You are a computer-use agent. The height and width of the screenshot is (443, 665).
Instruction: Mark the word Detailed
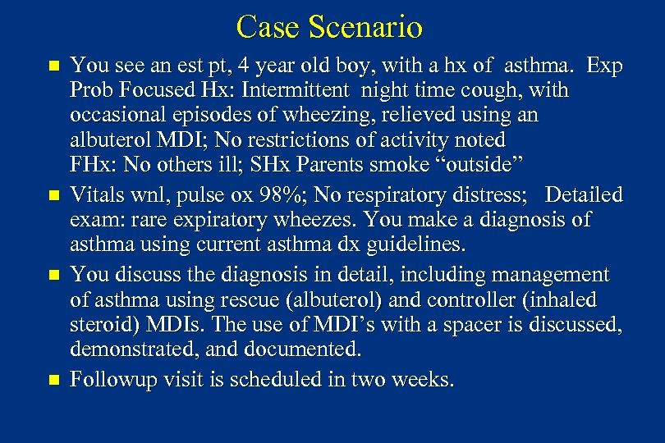point(584,196)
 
